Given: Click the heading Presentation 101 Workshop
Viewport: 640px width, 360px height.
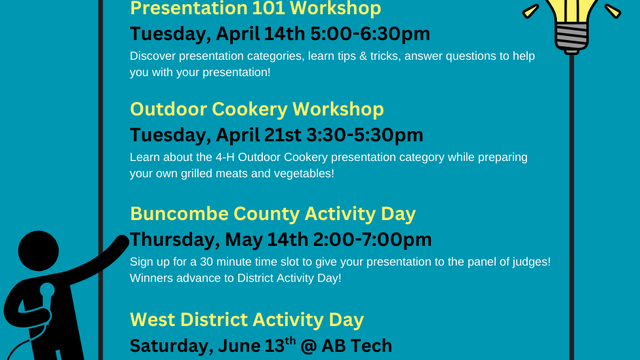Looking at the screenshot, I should pyautogui.click(x=241, y=9).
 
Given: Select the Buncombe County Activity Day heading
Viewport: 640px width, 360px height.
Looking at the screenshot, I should pyautogui.click(x=273, y=214).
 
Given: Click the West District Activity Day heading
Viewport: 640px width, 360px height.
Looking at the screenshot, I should pyautogui.click(x=246, y=320).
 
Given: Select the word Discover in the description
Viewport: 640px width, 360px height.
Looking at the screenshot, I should pyautogui.click(x=154, y=55).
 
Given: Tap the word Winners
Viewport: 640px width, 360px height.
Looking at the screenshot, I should pyautogui.click(x=154, y=279).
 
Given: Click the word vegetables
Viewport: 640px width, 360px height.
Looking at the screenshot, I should pyautogui.click(x=297, y=174).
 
